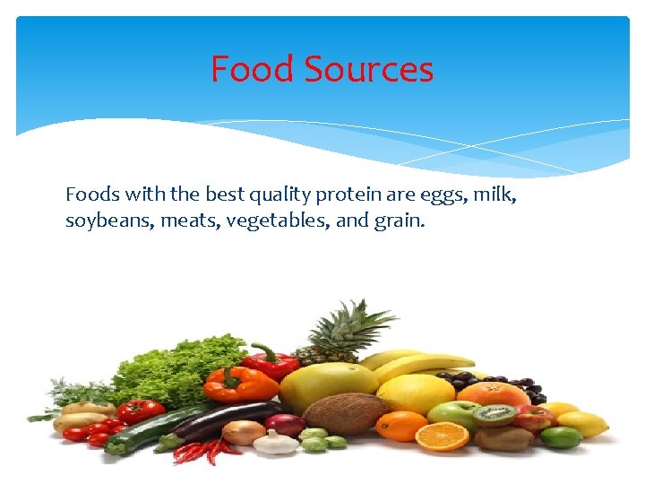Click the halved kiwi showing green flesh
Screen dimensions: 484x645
[494, 414]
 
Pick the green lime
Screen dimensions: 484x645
[561, 436]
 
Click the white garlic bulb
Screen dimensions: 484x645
[276, 443]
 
